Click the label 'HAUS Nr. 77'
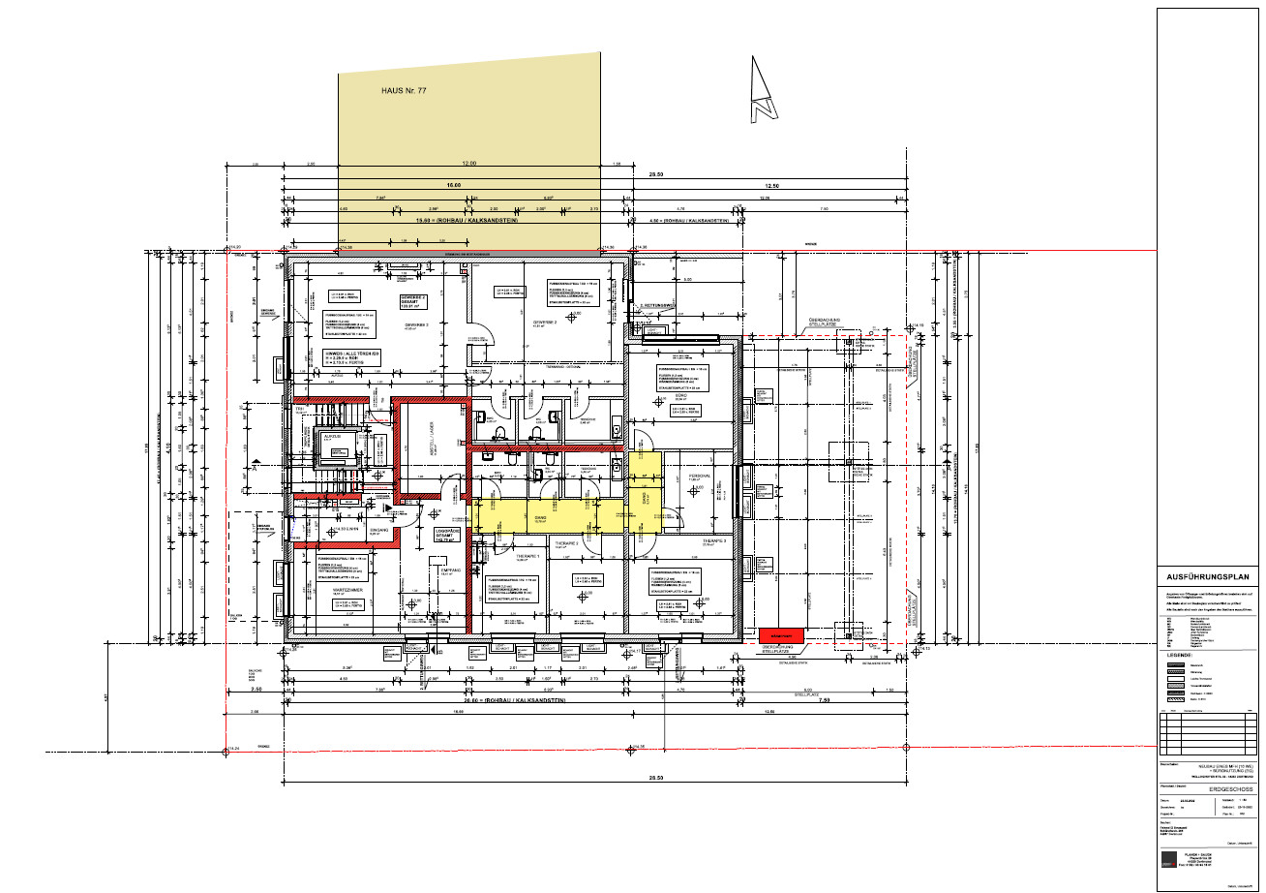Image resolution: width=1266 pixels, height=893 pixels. (404, 90)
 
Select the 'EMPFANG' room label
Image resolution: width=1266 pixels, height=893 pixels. (451, 571)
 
